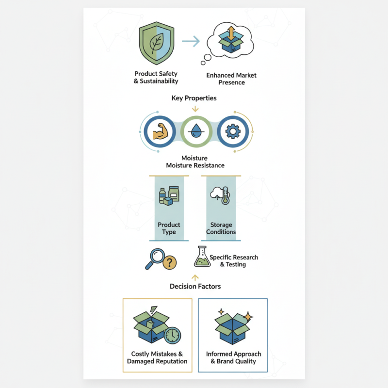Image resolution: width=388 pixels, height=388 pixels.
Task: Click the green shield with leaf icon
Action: tap(157, 43)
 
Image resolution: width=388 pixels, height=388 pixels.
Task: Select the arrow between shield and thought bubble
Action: tap(191, 41)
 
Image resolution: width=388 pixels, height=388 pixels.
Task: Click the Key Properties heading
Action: tap(194, 98)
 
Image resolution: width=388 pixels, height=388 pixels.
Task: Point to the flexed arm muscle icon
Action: tap(160, 131)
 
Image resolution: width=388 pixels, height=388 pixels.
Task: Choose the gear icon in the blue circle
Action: tap(233, 131)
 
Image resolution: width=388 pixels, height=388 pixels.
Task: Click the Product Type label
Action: tap(169, 228)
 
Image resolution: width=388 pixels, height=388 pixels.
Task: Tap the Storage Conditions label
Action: tap(221, 228)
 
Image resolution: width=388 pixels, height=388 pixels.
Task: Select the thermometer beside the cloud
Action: tap(225, 195)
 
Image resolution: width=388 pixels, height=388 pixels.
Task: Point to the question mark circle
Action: tap(170, 262)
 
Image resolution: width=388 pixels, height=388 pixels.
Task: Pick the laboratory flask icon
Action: tap(202, 257)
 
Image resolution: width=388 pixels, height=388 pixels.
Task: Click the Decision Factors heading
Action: tap(195, 287)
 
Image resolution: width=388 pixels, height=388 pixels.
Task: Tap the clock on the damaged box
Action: tap(173, 336)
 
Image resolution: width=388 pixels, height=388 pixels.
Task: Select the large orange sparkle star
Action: tap(248, 317)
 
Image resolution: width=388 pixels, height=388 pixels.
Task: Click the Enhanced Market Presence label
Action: tap(231, 79)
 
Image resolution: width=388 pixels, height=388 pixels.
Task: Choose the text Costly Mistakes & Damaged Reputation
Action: tap(157, 357)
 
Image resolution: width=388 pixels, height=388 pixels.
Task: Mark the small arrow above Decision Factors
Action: tap(195, 278)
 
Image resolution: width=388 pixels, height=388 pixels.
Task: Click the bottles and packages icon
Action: tap(169, 196)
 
